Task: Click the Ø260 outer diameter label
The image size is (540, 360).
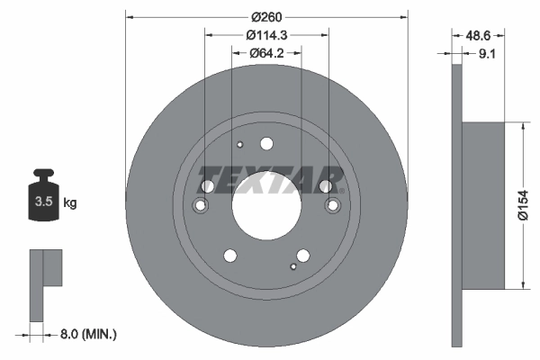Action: pyautogui.click(x=266, y=17)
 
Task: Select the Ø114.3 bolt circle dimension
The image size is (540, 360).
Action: pyautogui.click(x=266, y=35)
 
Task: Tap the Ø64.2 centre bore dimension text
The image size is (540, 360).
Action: pyautogui.click(x=266, y=53)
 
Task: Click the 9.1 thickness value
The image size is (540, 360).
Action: pyautogui.click(x=487, y=54)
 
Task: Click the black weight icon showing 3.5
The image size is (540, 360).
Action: pyautogui.click(x=42, y=199)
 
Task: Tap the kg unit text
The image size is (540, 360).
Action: pyautogui.click(x=69, y=203)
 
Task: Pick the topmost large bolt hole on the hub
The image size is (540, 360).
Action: pyautogui.click(x=266, y=143)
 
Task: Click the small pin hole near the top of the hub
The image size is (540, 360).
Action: pyautogui.click(x=239, y=146)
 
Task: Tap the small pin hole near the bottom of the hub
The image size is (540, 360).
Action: pyautogui.click(x=293, y=266)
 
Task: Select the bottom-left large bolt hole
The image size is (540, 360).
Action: pyautogui.click(x=229, y=256)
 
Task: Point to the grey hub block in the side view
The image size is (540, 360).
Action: pyautogui.click(x=481, y=204)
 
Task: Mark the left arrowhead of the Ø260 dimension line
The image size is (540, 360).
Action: pyautogui.click(x=129, y=17)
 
